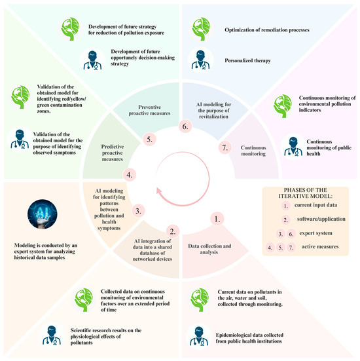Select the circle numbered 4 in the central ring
[x=130, y=175]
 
